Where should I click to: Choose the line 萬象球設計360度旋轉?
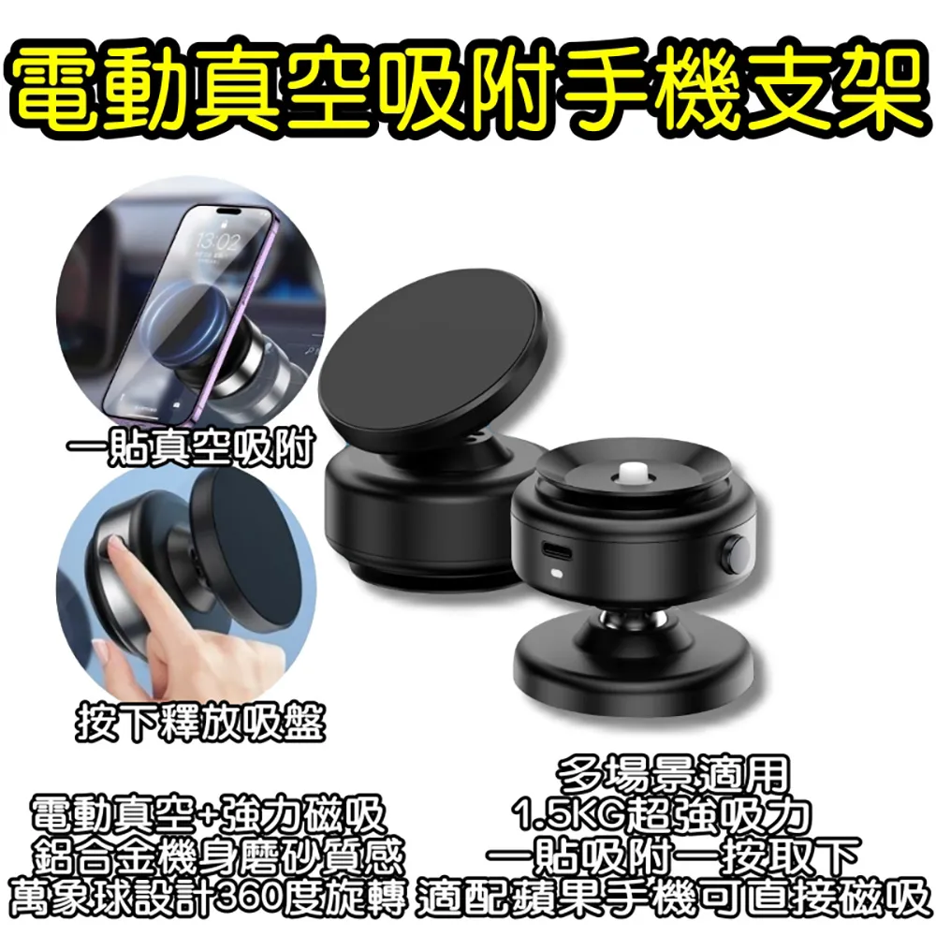tap(208, 897)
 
